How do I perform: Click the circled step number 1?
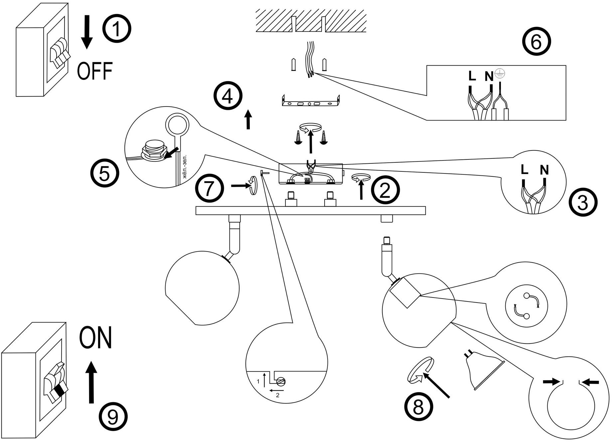coord(116,29)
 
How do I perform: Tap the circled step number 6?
coord(536,42)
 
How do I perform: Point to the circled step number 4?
coord(228,97)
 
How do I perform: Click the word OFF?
coord(95,71)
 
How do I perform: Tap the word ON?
coord(96,337)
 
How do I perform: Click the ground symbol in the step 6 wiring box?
coord(498,74)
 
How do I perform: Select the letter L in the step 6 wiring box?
coord(472,76)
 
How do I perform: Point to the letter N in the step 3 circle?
coord(544,170)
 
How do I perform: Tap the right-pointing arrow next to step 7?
coord(240,186)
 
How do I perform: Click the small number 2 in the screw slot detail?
coord(277,395)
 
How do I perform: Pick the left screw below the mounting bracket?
coord(298,137)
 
